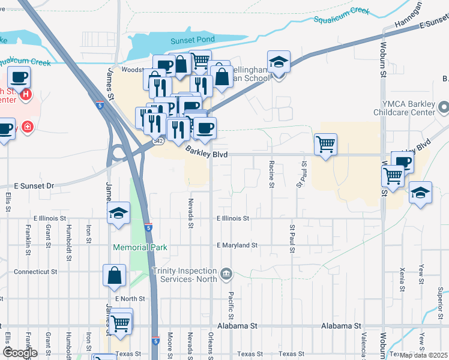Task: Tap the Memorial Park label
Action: click(x=139, y=247)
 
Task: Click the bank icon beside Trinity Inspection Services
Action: click(x=226, y=274)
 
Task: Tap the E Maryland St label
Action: click(x=237, y=245)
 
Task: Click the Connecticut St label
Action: click(x=35, y=271)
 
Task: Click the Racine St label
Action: click(x=272, y=174)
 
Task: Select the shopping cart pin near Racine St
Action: click(x=325, y=144)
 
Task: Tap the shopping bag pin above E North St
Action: click(x=114, y=275)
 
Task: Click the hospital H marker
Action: click(x=26, y=94)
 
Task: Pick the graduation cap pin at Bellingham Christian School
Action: click(x=279, y=62)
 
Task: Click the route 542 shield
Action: click(x=158, y=140)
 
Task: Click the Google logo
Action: click(x=20, y=353)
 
